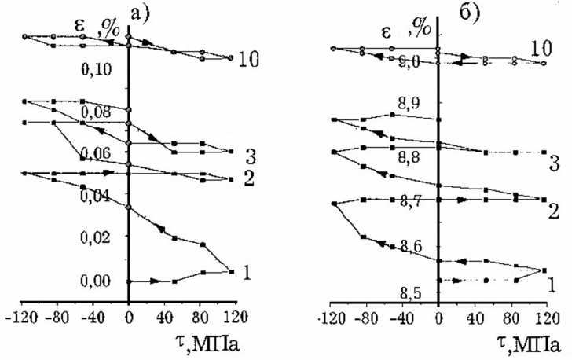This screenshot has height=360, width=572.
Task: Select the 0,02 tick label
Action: (99, 237)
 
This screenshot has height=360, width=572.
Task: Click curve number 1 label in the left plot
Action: (247, 273)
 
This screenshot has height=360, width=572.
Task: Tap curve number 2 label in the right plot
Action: (554, 211)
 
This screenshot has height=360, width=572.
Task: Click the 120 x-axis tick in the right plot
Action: (541, 319)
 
